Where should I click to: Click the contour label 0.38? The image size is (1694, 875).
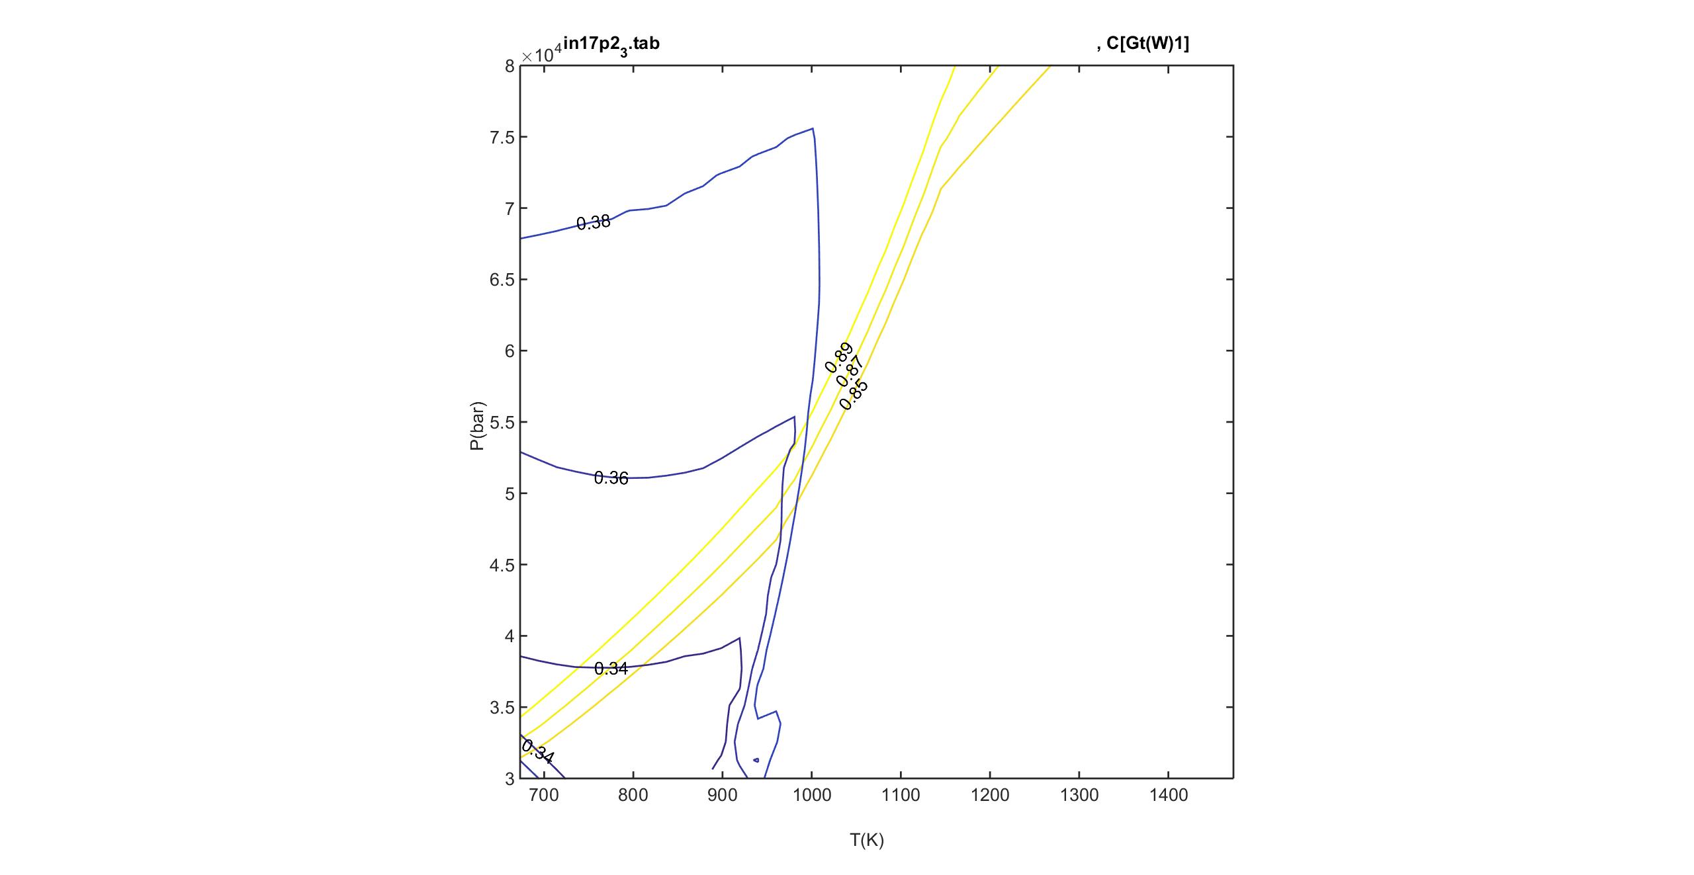(x=593, y=223)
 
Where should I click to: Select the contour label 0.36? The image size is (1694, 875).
(x=611, y=478)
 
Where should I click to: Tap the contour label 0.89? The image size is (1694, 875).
(x=838, y=357)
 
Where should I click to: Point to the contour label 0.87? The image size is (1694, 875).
(x=850, y=371)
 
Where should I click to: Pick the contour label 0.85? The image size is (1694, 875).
(x=854, y=396)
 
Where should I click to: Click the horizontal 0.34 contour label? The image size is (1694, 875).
(x=611, y=669)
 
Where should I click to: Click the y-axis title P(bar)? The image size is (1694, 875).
(x=477, y=425)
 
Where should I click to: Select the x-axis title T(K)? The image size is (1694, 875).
(x=867, y=841)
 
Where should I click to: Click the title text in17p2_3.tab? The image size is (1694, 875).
(x=611, y=45)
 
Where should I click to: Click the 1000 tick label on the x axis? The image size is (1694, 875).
(x=811, y=796)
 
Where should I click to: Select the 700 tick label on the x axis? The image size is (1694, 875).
(x=544, y=796)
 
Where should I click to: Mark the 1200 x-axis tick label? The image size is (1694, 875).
(x=990, y=796)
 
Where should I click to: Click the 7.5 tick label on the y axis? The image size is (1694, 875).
(x=502, y=137)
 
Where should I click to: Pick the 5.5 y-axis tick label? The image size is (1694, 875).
(x=502, y=423)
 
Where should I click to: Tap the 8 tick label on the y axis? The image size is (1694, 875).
(x=510, y=66)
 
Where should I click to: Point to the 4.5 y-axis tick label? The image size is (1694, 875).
(x=502, y=565)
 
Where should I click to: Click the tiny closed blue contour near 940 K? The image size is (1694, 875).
(x=756, y=760)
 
